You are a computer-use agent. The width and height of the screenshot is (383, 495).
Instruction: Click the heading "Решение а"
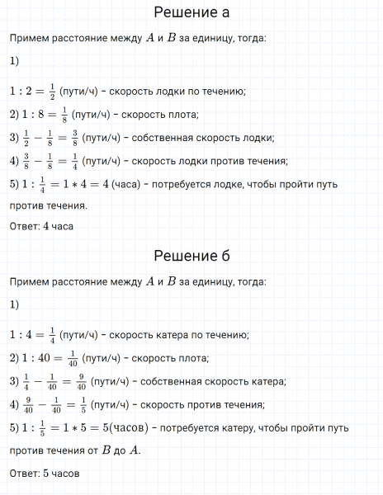click(191, 13)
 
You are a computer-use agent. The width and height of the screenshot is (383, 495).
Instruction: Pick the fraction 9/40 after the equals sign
click(79, 381)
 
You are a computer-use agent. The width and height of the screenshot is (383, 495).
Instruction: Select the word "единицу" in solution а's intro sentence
click(216, 38)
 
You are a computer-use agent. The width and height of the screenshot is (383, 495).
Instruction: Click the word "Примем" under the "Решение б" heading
click(27, 282)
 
